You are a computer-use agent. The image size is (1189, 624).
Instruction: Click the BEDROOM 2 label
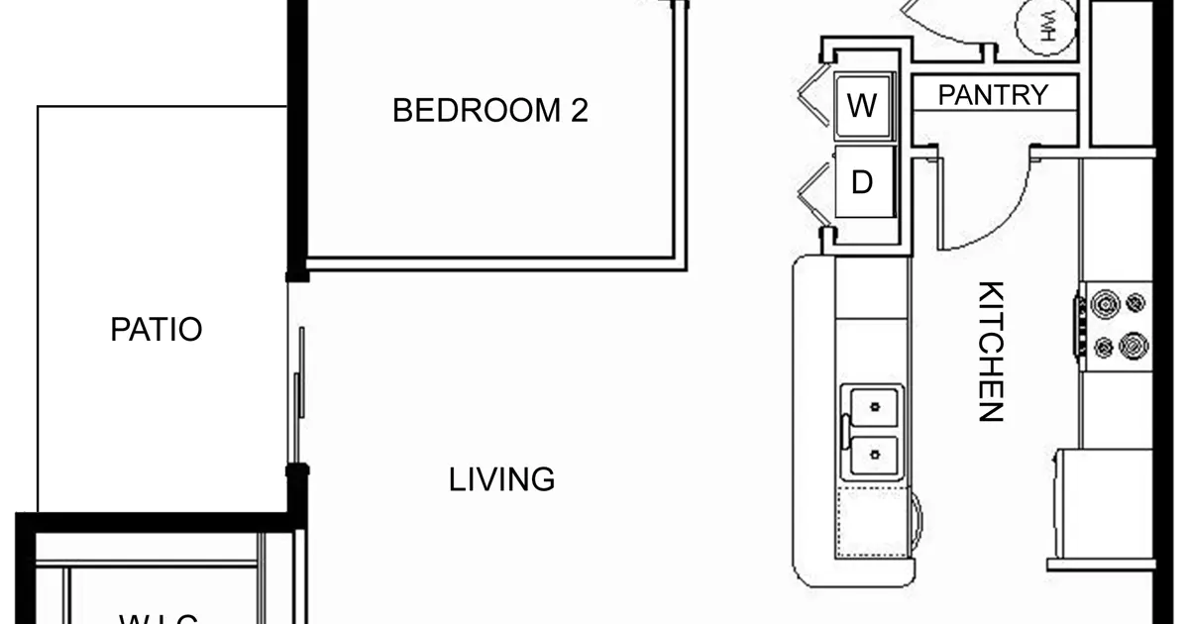click(x=489, y=110)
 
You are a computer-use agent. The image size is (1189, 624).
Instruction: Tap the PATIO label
click(x=157, y=329)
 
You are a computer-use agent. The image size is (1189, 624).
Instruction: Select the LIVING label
click(x=501, y=480)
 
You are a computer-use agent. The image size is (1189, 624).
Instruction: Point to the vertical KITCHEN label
click(x=991, y=352)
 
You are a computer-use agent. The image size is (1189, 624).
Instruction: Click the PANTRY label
click(x=992, y=95)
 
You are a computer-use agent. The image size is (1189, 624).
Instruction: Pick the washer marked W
click(x=863, y=105)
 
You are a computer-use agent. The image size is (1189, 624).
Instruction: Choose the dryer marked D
click(x=863, y=182)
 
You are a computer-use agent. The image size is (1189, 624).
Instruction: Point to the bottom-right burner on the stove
click(x=1132, y=347)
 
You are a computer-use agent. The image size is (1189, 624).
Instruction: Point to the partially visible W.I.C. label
click(x=159, y=618)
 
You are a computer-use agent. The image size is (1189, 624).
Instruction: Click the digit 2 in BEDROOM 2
click(x=579, y=110)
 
